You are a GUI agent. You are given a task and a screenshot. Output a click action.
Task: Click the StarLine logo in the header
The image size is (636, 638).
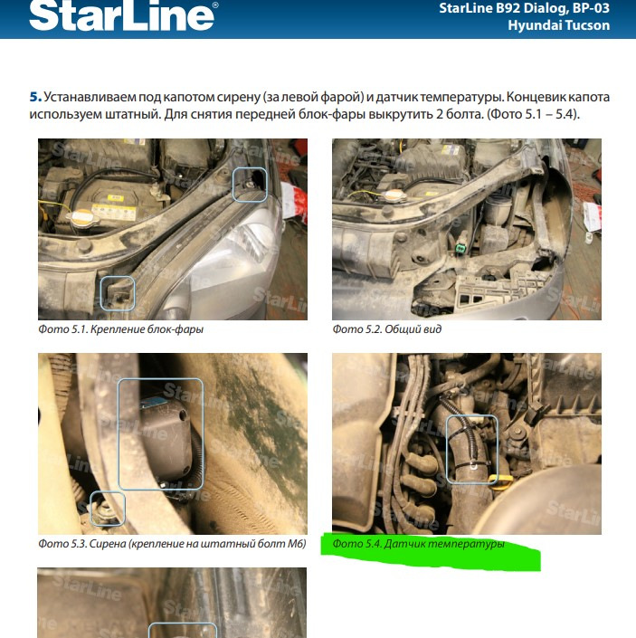tap(123, 15)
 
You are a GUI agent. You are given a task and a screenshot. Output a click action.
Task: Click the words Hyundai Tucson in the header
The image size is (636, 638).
tap(559, 25)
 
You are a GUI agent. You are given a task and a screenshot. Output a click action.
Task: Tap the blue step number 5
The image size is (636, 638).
tap(35, 97)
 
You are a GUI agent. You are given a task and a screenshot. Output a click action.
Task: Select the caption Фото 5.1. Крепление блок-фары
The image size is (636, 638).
tap(120, 329)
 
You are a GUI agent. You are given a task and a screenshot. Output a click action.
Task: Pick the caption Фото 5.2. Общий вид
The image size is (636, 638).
tap(386, 329)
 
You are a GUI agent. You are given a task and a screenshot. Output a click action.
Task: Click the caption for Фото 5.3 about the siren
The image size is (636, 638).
tap(172, 544)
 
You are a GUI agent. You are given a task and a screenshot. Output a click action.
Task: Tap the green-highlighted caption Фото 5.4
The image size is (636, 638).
tap(419, 544)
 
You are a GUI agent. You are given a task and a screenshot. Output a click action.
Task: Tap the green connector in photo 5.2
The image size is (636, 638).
tap(460, 248)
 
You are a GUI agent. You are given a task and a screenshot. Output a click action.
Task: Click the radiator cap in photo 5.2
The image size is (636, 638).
tap(393, 196)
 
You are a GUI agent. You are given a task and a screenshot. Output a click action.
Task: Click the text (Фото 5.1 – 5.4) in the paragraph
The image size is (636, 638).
tap(533, 114)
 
